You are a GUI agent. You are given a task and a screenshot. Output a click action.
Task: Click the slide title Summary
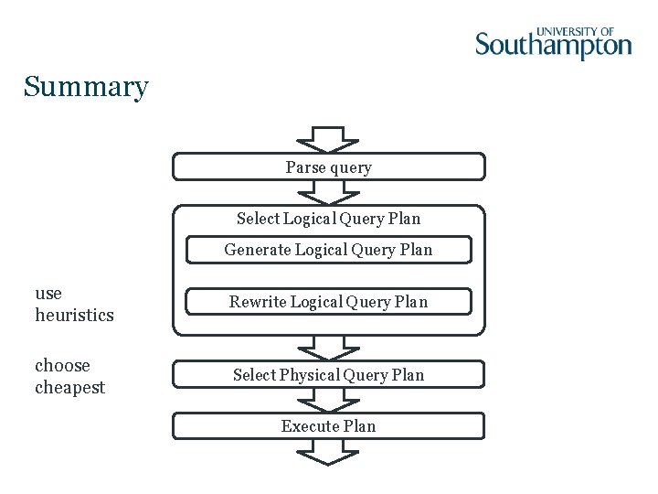point(86,87)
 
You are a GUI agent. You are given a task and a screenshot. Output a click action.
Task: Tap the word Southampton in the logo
point(553,46)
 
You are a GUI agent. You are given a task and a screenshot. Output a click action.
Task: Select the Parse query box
point(328,167)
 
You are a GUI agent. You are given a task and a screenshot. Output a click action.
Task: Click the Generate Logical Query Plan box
point(328,250)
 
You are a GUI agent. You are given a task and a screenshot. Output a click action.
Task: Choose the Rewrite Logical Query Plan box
point(328,302)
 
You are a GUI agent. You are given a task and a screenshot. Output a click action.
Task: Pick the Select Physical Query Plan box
point(328,375)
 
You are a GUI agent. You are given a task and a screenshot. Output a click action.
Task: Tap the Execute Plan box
point(328,426)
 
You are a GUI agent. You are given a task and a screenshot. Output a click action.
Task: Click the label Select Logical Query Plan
point(328,219)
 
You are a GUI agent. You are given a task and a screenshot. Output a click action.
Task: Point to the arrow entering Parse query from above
point(328,140)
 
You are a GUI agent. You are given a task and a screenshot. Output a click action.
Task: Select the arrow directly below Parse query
point(328,191)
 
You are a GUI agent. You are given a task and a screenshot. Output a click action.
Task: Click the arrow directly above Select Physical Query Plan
point(328,348)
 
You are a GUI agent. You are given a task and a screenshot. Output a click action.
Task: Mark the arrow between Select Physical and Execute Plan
point(328,401)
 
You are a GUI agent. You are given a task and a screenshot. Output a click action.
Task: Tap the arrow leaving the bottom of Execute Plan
point(328,452)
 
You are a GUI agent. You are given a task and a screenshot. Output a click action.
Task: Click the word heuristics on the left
point(74,316)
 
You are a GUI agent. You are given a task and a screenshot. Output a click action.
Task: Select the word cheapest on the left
point(70,388)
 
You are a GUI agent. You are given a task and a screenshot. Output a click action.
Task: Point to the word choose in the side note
point(62,366)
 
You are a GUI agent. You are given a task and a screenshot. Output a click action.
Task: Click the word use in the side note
point(48,294)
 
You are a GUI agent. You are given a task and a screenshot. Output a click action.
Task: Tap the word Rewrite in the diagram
point(257,302)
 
